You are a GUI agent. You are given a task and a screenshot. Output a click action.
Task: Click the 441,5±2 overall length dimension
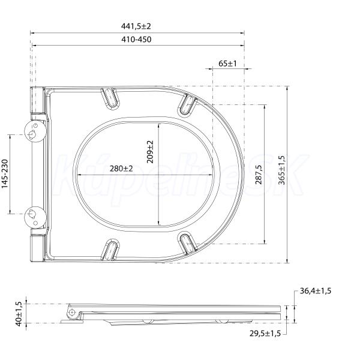[136, 26]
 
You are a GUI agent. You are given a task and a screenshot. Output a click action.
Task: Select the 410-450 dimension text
[136, 40]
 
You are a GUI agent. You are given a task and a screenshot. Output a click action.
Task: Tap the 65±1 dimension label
[227, 64]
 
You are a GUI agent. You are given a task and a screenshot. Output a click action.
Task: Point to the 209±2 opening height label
[150, 152]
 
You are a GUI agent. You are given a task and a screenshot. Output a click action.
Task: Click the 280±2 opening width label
[121, 169]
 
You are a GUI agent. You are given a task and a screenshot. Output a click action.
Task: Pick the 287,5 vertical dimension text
[259, 174]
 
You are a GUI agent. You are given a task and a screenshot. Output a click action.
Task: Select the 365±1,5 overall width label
[281, 170]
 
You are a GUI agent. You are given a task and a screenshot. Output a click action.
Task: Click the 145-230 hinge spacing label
[5, 174]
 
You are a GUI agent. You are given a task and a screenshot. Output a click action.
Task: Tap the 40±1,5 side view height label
[19, 314]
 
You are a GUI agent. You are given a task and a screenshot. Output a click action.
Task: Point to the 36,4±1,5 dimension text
[316, 291]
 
